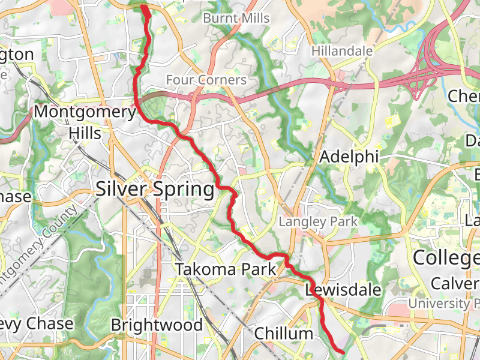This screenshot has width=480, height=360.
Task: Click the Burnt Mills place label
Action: pos(236,19)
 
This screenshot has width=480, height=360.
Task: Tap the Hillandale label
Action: pos(342,52)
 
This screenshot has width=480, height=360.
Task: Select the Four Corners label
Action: pos(206,80)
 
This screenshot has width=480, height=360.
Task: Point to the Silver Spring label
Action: pos(155,190)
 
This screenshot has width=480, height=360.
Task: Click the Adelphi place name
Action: pos(350,157)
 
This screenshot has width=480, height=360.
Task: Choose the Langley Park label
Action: pos(318,221)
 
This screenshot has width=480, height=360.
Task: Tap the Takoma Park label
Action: pos(226,269)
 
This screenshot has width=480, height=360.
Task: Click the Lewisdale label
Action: pos(343,290)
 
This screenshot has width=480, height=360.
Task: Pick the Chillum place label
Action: pos(284,333)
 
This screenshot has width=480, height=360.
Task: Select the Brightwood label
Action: pos(157,325)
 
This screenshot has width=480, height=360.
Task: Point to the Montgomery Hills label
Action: pos(85,122)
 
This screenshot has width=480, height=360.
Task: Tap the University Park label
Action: pos(444,304)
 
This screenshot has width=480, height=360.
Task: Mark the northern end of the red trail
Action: pos(145,7)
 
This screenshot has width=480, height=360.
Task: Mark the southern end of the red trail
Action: pos(342,351)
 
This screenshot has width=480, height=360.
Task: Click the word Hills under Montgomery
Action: pos(85,132)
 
